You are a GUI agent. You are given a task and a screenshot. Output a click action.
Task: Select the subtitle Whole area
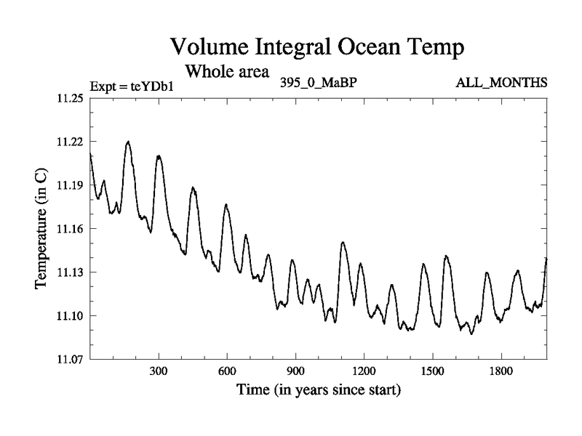tap(228, 72)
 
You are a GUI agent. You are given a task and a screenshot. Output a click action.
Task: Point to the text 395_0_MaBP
tap(317, 82)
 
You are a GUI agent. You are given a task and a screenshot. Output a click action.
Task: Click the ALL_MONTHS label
tap(502, 83)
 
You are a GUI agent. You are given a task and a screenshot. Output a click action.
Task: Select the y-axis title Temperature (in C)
tap(42, 229)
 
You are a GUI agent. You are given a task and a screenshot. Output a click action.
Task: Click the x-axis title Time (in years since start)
tap(318, 390)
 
